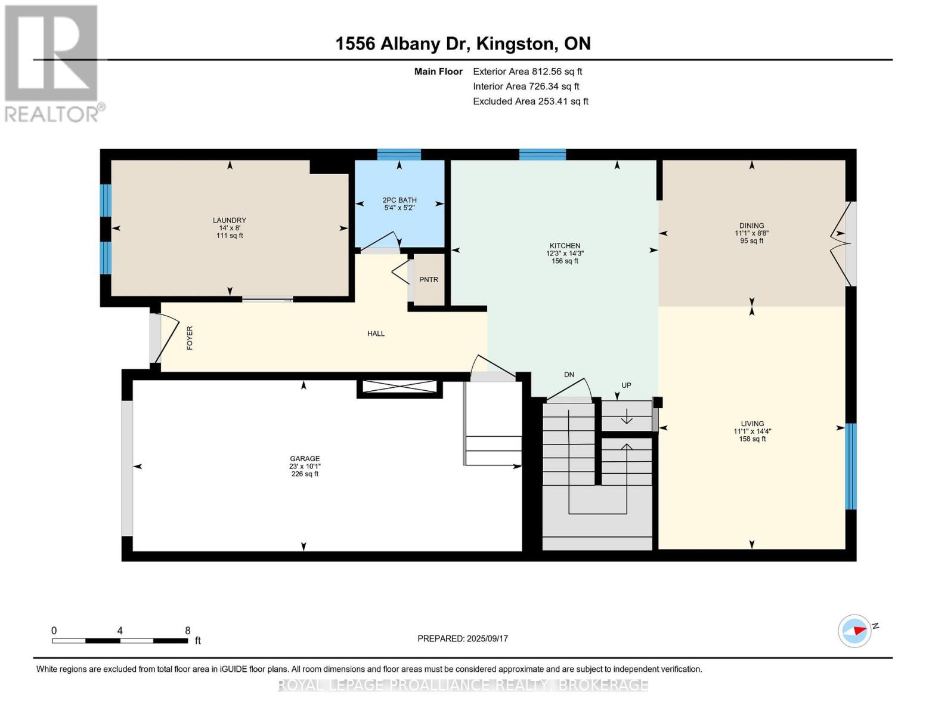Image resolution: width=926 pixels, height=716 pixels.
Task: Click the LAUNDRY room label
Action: [230, 220]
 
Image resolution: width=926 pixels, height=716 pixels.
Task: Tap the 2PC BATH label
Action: [399, 200]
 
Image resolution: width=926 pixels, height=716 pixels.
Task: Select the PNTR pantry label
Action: [429, 280]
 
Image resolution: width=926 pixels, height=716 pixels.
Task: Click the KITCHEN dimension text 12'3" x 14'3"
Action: [565, 254]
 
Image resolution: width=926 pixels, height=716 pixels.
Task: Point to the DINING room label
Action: [751, 226]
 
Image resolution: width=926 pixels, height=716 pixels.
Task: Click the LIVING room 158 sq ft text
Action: [752, 439]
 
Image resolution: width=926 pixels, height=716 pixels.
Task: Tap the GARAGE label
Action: [305, 459]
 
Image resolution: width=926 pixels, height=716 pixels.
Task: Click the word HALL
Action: [376, 334]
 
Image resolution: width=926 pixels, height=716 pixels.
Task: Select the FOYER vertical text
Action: [190, 338]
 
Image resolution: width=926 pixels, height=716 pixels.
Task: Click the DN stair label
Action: [569, 375]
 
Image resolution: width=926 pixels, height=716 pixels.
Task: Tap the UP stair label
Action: [626, 385]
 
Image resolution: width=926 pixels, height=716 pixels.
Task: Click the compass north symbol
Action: [855, 631]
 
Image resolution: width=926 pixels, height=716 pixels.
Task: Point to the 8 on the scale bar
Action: [187, 631]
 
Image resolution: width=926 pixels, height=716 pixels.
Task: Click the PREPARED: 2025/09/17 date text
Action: [463, 638]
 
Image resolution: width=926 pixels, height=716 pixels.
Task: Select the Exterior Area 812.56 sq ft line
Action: [527, 72]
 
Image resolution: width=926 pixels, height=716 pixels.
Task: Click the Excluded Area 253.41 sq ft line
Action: [530, 101]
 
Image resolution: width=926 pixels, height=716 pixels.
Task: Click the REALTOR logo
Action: [52, 63]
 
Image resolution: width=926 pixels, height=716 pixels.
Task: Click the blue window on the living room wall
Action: [851, 466]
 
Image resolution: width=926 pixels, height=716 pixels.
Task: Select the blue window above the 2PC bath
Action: [399, 155]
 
